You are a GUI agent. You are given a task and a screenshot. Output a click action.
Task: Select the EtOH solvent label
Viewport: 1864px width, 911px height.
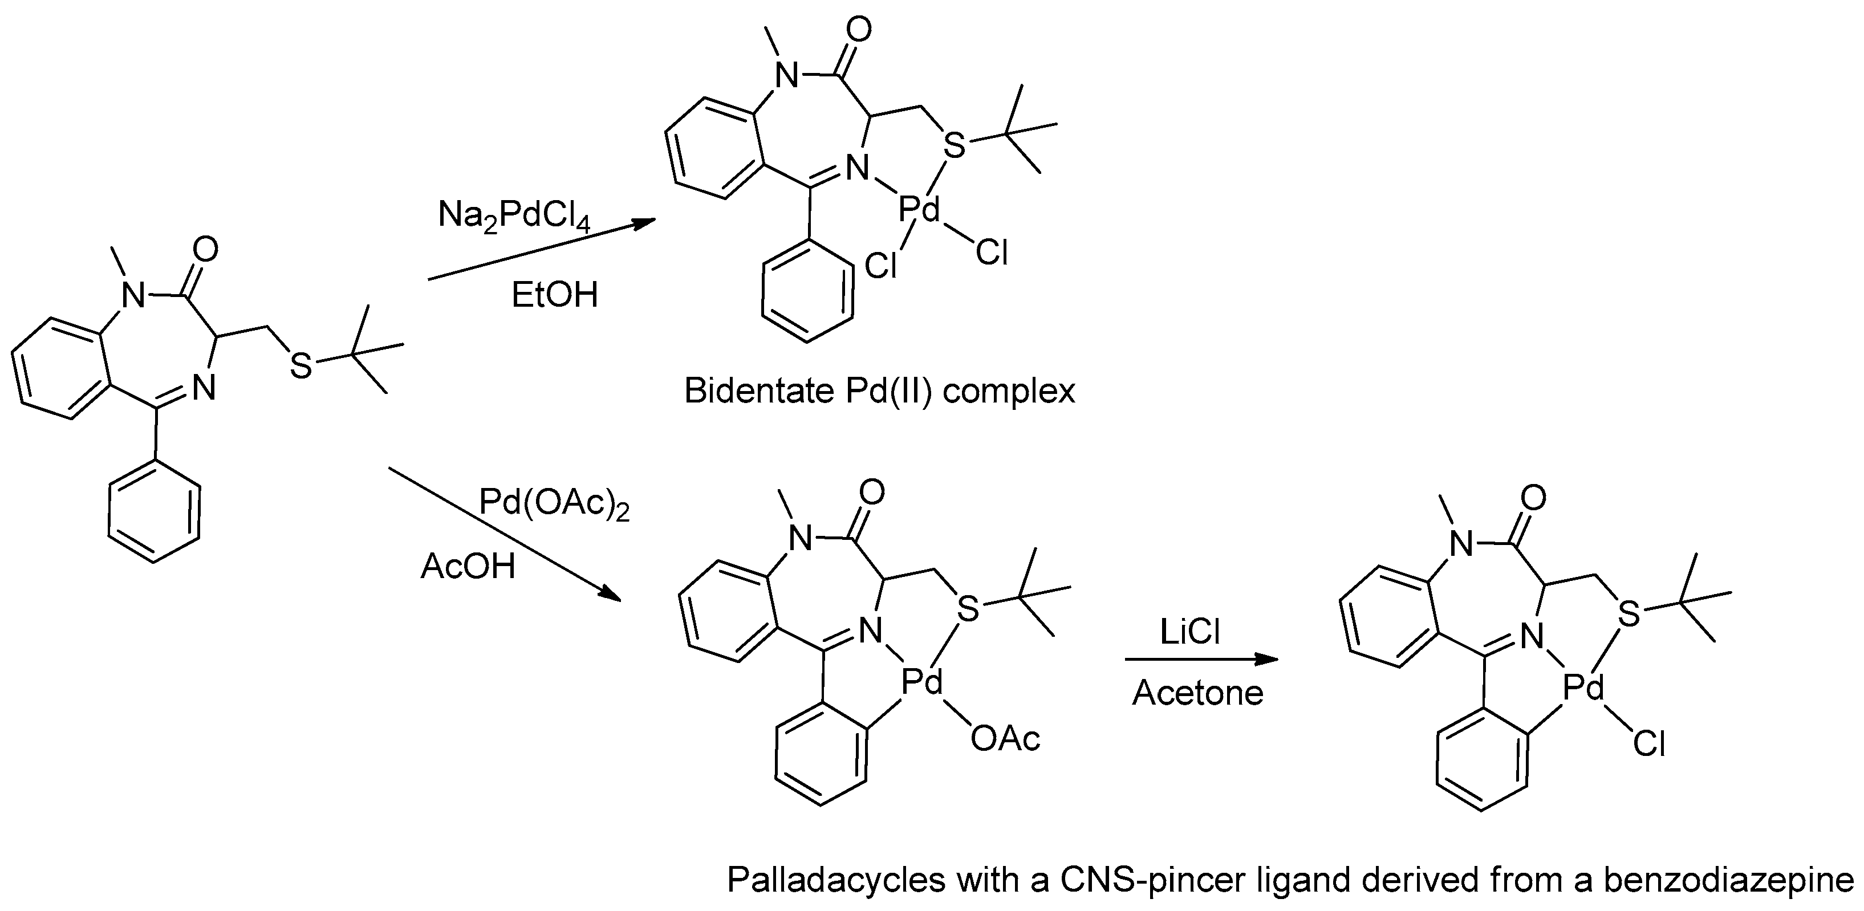click(x=554, y=295)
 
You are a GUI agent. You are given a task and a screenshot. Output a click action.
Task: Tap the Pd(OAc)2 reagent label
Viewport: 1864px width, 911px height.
click(x=554, y=505)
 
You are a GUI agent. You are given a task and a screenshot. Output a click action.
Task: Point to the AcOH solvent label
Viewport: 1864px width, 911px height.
click(x=468, y=567)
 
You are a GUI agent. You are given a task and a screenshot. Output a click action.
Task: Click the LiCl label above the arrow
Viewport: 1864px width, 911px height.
click(x=1191, y=632)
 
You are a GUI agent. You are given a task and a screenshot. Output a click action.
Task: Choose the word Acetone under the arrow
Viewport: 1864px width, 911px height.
click(x=1197, y=693)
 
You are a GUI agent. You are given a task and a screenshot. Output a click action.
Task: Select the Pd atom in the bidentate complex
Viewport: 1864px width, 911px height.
click(x=919, y=210)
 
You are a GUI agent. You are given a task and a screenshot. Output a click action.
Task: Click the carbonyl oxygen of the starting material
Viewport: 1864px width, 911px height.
click(x=205, y=250)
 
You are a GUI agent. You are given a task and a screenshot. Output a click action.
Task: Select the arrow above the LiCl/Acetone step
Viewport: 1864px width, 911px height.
click(x=1201, y=659)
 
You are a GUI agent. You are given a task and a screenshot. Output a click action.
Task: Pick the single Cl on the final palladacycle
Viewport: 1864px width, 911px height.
click(x=1649, y=744)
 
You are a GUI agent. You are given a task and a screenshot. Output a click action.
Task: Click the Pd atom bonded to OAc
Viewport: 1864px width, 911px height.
click(x=923, y=682)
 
